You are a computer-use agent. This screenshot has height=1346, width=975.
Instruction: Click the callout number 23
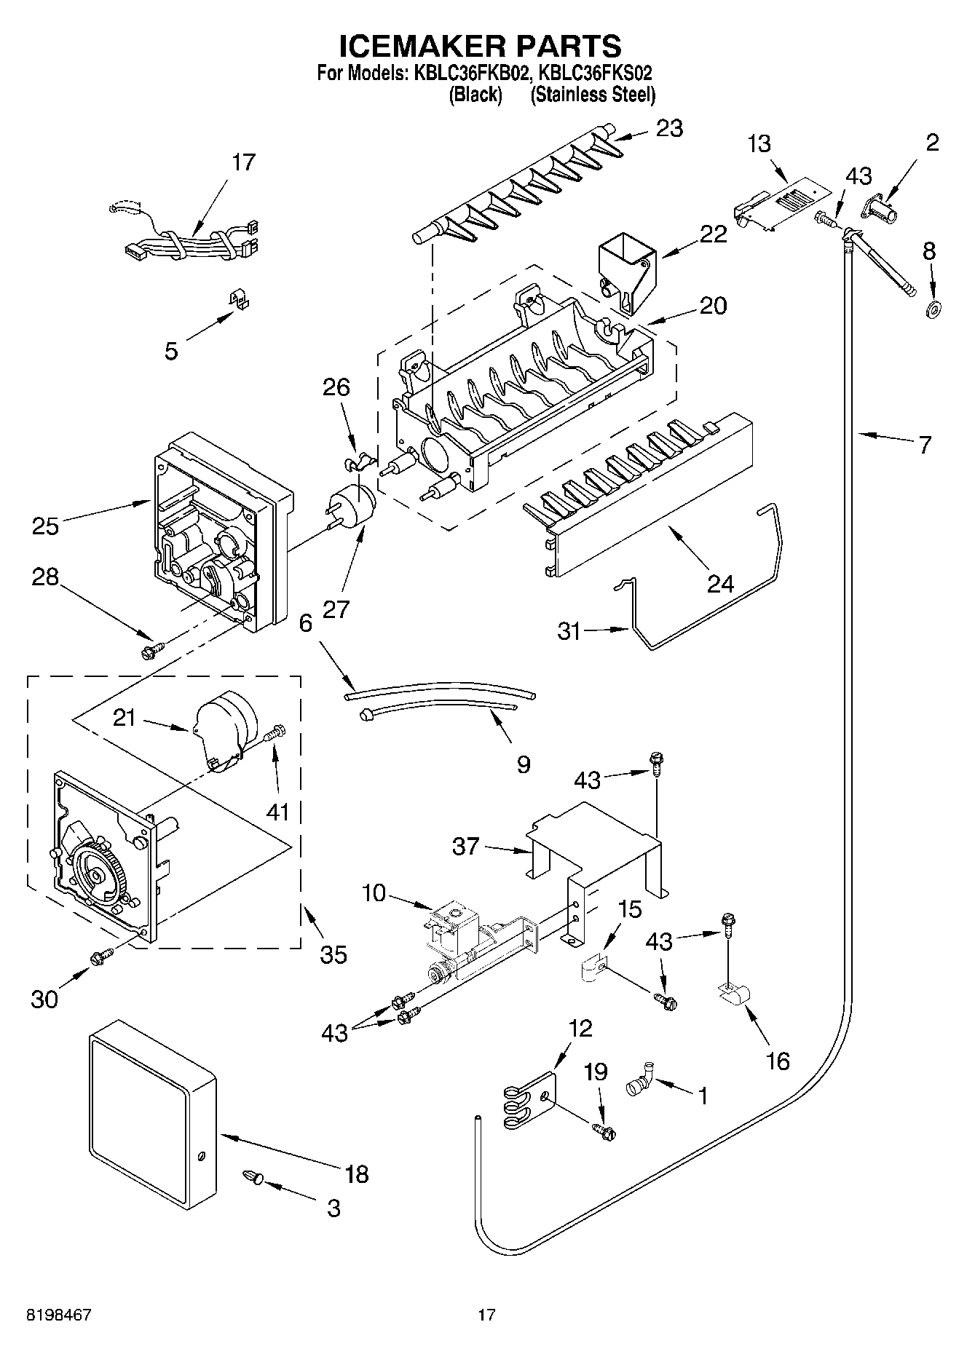[x=669, y=128]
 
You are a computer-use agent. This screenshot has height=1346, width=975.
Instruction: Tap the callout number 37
[x=467, y=846]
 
